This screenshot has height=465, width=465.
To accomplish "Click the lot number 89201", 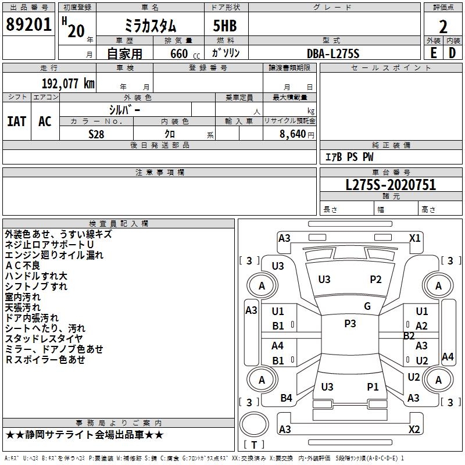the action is coord(28,25).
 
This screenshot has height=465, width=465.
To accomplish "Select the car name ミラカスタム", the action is coord(151,26).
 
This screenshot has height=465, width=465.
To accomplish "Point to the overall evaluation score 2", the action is coord(443,26).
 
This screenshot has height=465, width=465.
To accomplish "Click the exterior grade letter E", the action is coord(433,52).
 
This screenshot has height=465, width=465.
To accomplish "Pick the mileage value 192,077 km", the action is coord(68,83).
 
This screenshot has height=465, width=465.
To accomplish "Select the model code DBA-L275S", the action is coord(333,53).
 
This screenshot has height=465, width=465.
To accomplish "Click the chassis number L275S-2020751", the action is coord(391,185).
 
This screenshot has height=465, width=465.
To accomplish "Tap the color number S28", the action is coord(96,134).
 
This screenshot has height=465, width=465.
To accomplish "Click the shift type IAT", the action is coord(16,121).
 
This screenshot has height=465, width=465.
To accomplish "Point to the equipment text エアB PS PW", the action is coord(349,157).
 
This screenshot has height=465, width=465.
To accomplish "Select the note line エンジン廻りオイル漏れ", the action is coord(54,255).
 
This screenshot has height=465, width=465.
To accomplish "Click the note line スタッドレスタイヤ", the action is coord(44,338).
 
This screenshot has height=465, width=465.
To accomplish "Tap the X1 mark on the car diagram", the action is coord(414,238).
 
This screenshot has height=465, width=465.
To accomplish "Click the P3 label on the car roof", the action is coord(349,324).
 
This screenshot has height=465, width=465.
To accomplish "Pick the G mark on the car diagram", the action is coord(367,306).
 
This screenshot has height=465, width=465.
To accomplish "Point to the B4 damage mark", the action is coord(286,398).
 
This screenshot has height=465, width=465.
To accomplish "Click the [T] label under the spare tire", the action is coord(254,445).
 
